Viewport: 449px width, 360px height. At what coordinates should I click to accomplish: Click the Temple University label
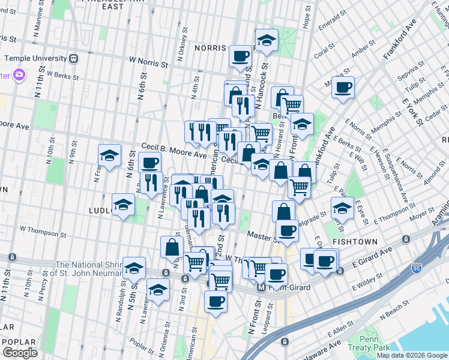(35, 59)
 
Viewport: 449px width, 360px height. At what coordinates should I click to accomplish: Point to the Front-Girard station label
(288, 288)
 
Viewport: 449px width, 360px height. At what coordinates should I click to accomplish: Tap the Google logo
(20, 352)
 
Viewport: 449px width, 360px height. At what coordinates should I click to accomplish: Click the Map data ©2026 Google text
(412, 355)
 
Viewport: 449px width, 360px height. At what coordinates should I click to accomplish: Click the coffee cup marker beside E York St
(343, 88)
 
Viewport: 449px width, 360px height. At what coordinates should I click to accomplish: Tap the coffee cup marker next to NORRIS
(241, 56)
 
